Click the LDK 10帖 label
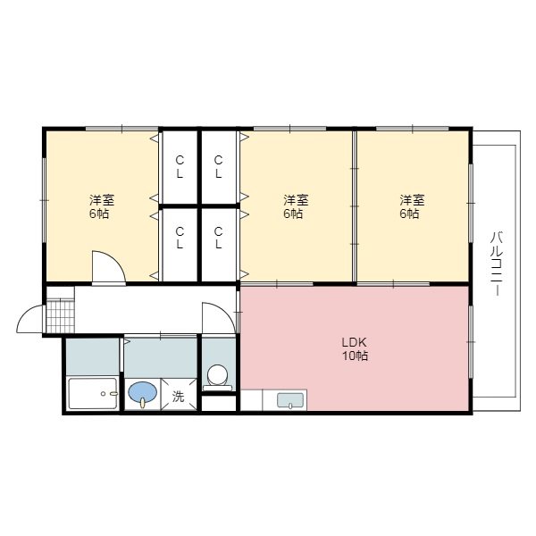tap(355, 349)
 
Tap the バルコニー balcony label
tap(497, 264)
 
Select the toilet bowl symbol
tap(218, 377)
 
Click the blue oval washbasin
tap(143, 393)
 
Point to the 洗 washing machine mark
tap(178, 397)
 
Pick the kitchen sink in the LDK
tap(290, 400)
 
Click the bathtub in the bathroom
tap(93, 393)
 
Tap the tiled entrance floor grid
tap(60, 316)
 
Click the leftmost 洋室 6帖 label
tap(102, 207)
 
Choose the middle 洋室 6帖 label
tap(296, 207)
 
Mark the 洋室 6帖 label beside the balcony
tap(412, 207)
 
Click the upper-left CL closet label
tap(180, 167)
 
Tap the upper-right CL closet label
tap(218, 167)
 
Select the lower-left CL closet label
tap(180, 238)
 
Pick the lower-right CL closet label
tap(218, 238)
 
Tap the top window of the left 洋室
tap(121, 129)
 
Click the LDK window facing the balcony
tap(471, 342)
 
